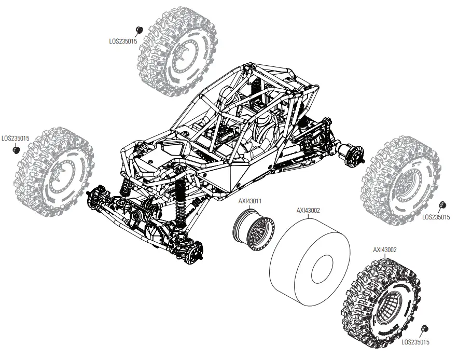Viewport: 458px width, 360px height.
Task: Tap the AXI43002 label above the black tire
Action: click(x=385, y=250)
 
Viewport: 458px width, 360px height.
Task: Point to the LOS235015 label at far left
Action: click(x=15, y=139)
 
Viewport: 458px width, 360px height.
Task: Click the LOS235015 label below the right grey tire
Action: click(x=436, y=217)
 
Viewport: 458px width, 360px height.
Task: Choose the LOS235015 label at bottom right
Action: click(x=415, y=342)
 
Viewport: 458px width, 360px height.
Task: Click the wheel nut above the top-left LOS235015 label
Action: click(x=138, y=29)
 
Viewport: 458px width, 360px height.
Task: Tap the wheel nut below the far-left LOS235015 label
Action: click(x=16, y=150)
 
